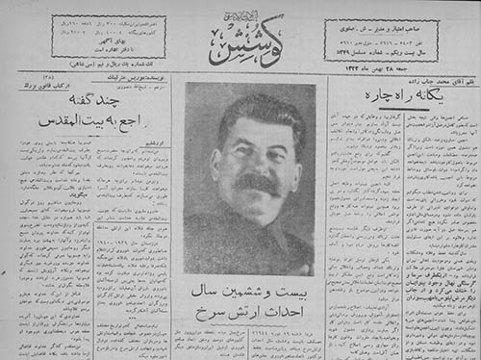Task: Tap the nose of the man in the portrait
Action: click(x=256, y=165)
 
